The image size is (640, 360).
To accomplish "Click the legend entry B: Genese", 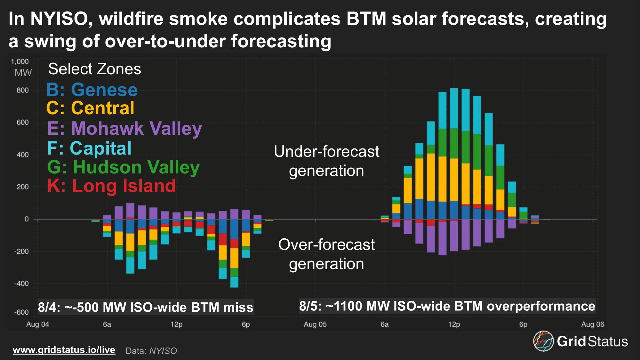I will pyautogui.click(x=92, y=90).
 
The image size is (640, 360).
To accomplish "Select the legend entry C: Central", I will pyautogui.click(x=90, y=108).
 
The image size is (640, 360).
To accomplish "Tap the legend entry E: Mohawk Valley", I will pyautogui.click(x=124, y=128).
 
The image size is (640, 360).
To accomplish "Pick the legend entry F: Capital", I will pyautogui.click(x=89, y=148).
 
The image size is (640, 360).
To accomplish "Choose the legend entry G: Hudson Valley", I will pyautogui.click(x=123, y=167).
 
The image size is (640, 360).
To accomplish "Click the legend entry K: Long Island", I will pyautogui.click(x=111, y=186).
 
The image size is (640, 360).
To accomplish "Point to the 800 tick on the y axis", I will pyautogui.click(x=22, y=90).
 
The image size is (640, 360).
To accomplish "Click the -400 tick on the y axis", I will pyautogui.click(x=21, y=284).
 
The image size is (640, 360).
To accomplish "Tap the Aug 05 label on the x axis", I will pyautogui.click(x=315, y=324).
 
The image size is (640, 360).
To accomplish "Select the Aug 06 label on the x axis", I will pyautogui.click(x=592, y=324).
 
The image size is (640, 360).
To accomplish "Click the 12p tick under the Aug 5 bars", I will pyautogui.click(x=454, y=324).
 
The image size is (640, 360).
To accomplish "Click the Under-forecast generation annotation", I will pyautogui.click(x=326, y=161).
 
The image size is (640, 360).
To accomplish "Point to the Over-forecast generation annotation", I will pyautogui.click(x=326, y=254).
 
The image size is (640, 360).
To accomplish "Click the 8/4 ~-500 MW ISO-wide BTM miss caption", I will pyautogui.click(x=146, y=307).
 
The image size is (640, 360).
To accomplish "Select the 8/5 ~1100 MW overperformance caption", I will pyautogui.click(x=447, y=306).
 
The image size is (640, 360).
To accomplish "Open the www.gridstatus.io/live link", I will pyautogui.click(x=64, y=350).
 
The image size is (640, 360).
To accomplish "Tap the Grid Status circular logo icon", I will pyautogui.click(x=543, y=341).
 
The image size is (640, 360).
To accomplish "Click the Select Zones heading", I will pyautogui.click(x=94, y=69).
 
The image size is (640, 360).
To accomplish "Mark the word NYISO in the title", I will pyautogui.click(x=59, y=19).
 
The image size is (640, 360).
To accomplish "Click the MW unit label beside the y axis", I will pyautogui.click(x=23, y=73).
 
